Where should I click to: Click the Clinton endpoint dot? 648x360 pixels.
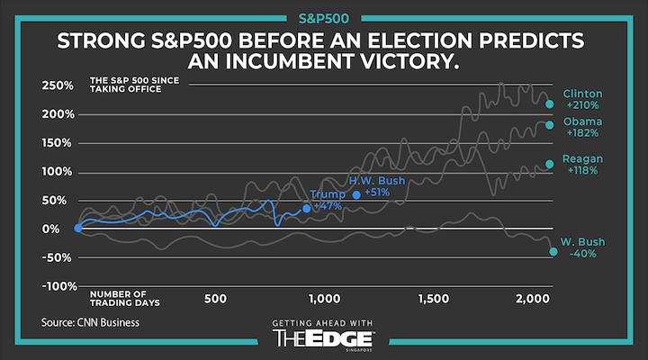[x=550, y=103]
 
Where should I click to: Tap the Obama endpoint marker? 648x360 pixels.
[x=550, y=125]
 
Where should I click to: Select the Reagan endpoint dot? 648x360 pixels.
[x=550, y=164]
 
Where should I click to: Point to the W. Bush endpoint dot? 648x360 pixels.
[x=553, y=251]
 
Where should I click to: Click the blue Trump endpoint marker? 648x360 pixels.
[x=307, y=208]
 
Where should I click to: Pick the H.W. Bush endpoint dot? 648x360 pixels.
[x=356, y=194]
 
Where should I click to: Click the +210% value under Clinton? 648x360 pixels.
[x=581, y=105]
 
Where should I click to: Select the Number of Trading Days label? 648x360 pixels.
[x=120, y=298]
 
